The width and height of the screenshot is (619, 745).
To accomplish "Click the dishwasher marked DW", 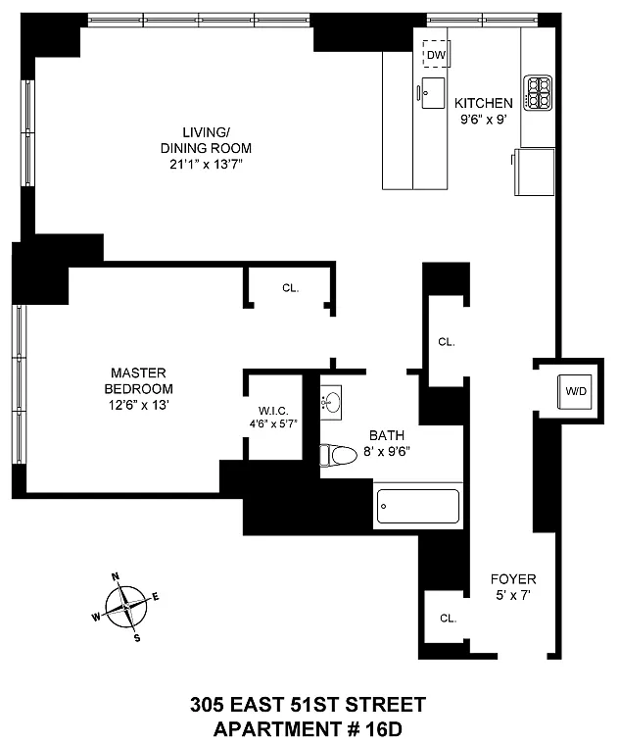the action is click(x=436, y=54).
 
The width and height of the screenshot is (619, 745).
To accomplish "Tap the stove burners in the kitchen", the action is click(x=538, y=93).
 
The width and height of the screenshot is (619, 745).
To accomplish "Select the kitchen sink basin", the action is click(x=433, y=93).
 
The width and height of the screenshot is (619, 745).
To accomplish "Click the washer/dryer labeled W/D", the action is click(x=575, y=391).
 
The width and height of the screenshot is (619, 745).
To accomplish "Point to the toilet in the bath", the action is click(x=339, y=455).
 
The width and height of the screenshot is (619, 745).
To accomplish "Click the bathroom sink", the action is click(x=331, y=403).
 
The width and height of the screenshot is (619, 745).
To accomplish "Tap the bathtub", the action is click(x=418, y=506).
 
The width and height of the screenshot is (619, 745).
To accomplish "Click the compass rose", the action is click(x=126, y=607).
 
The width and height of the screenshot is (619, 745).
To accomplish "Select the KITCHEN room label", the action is click(x=483, y=103).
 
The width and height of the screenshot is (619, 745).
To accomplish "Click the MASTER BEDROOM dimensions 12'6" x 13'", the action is click(x=138, y=405).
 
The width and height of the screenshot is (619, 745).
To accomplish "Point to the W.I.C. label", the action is click(x=273, y=411).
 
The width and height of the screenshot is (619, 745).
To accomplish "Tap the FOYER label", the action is click(x=513, y=579).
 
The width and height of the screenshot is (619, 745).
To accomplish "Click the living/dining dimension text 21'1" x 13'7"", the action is click(x=206, y=165).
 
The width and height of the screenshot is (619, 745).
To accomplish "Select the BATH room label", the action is click(x=387, y=435).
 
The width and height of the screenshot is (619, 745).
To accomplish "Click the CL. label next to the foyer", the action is click(x=449, y=619).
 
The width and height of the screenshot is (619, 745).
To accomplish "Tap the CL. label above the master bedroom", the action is click(x=291, y=288).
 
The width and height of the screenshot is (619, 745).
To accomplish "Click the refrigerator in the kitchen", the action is click(x=534, y=172).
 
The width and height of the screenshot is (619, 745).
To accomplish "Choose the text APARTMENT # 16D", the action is click(x=308, y=729).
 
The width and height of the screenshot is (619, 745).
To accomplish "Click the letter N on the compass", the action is click(x=116, y=577).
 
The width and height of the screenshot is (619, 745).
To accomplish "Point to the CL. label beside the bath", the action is click(x=447, y=342).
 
